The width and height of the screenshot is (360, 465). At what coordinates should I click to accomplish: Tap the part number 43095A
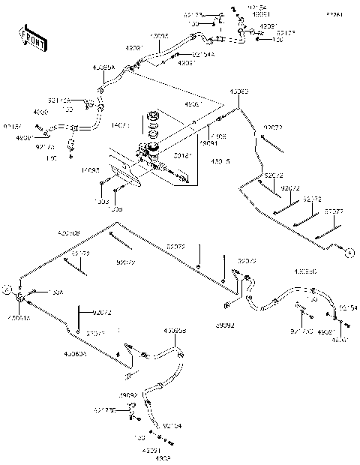pos(103,67)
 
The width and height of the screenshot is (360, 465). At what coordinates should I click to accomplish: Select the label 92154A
pos(181,54)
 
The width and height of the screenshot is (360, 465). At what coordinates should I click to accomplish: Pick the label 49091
pos(209,143)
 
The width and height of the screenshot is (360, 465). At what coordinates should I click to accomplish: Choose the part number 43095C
pos(304,271)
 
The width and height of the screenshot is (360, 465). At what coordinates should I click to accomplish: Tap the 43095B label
pos(174,330)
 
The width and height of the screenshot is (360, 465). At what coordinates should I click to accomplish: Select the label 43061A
pos(19,317)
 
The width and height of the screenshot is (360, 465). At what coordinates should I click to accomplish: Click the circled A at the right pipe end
pos(349,253)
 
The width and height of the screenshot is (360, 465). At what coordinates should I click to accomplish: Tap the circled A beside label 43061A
pos(7,287)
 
